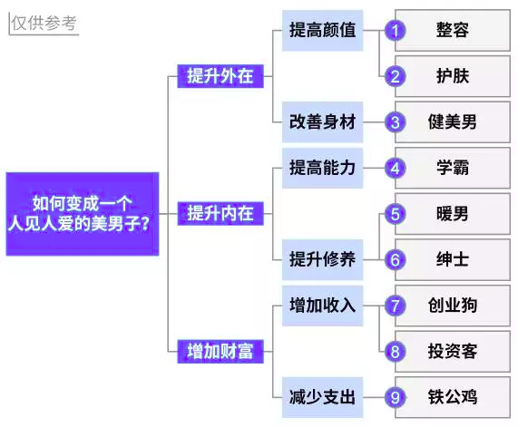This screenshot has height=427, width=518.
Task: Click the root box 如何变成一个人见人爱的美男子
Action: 83,214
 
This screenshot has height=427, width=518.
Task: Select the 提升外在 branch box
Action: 220,76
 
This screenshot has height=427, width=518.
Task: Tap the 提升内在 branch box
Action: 220,214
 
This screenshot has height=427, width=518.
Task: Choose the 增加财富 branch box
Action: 220,352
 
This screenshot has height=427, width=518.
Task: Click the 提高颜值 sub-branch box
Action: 322,31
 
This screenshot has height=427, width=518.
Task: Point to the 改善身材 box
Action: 322,122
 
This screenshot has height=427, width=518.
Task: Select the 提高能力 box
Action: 322,168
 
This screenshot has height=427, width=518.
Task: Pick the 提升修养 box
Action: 322,259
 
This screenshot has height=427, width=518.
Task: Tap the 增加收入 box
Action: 322,306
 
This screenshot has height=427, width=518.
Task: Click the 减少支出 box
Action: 322,397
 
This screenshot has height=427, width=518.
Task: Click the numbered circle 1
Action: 396,31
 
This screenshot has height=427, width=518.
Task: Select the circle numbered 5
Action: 396,214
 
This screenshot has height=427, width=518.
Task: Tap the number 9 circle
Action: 396,398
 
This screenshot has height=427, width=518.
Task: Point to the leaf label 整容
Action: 453,30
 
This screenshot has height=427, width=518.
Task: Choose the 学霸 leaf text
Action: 453,168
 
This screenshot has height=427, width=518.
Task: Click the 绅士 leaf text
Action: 453,259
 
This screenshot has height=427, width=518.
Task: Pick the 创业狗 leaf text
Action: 453,306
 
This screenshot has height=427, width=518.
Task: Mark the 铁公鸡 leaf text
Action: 453,397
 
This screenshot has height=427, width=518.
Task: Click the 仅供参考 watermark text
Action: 44,23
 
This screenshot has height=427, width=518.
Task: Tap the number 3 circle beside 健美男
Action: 396,122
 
